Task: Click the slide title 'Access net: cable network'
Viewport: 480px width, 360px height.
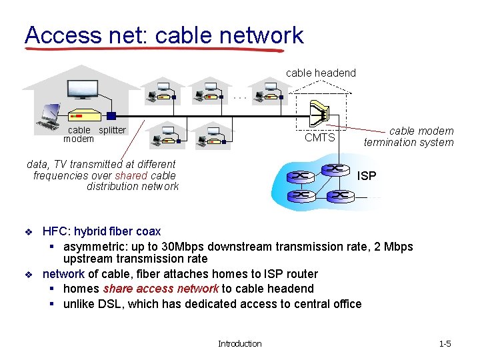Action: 163,35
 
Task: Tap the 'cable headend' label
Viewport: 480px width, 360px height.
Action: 321,73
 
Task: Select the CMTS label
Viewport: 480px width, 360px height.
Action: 319,138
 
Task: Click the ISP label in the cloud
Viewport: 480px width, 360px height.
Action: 367,176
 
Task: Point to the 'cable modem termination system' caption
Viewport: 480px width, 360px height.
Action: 409,137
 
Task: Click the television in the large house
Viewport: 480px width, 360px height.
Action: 83,88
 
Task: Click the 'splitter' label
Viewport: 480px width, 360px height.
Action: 112,130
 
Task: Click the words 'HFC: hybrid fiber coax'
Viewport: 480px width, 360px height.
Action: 101,231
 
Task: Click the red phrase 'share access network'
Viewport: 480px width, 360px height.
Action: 161,289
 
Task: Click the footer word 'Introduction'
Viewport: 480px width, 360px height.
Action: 240,343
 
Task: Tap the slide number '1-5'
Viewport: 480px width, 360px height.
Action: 445,343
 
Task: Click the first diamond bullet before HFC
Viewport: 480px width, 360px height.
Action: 29,232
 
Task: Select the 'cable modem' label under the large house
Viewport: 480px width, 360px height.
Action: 79,134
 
